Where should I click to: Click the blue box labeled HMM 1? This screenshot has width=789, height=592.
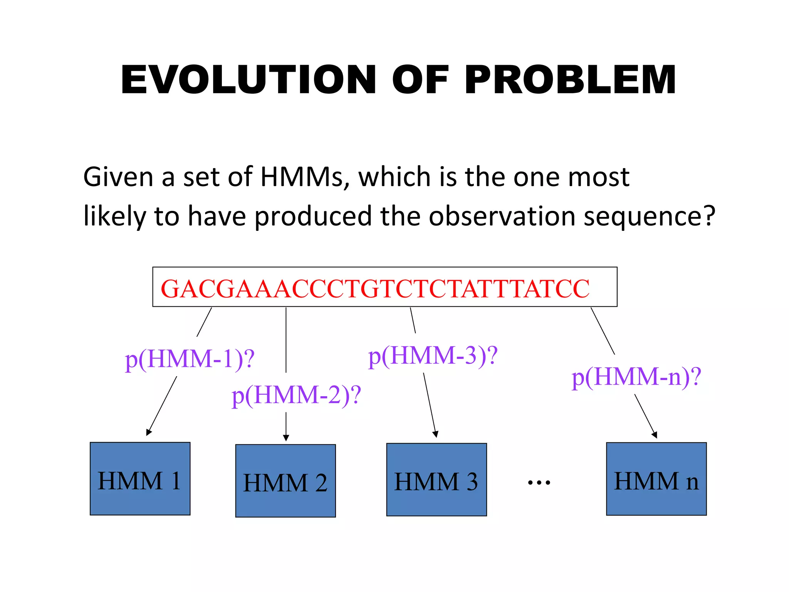[140, 478]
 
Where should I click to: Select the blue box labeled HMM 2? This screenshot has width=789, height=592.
[285, 481]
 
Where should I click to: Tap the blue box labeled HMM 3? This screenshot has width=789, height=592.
[436, 479]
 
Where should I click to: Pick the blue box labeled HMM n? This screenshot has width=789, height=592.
[656, 479]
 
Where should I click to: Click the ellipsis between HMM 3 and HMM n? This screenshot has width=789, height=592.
[539, 482]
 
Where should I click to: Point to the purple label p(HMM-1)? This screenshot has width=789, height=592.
[190, 359]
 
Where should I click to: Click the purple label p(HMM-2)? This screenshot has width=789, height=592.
[296, 395]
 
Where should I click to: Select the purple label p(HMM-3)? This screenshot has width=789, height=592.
[433, 356]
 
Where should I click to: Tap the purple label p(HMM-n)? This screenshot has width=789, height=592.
[636, 377]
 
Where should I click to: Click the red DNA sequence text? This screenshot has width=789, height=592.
[375, 289]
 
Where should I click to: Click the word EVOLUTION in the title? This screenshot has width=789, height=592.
[248, 80]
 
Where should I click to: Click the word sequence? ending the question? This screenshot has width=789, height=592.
[649, 216]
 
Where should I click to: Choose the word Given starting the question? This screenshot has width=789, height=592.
[119, 177]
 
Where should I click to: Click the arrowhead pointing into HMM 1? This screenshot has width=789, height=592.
[149, 432]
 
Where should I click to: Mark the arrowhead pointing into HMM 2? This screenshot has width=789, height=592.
[286, 438]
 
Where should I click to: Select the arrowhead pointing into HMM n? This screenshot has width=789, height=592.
[655, 435]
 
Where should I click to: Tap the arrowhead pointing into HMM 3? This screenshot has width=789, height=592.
[436, 434]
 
